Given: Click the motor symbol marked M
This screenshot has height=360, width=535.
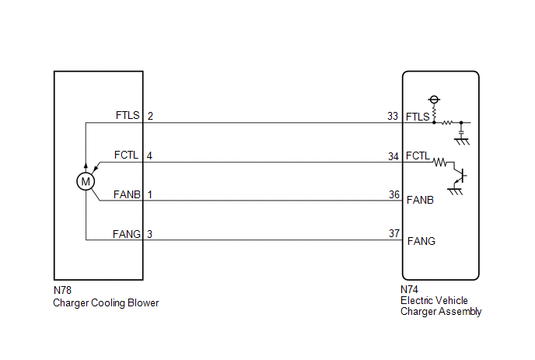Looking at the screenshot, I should coord(85,181).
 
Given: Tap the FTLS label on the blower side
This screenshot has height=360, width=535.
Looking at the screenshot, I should coord(127,116).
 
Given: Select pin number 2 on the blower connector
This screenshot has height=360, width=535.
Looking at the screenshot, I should coord(150,116).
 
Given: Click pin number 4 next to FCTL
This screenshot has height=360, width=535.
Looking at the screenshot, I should coord(150,156).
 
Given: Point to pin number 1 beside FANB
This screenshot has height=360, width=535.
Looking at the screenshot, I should coord(150,194).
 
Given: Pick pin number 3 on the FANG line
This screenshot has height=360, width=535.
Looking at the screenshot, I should coord(150,232).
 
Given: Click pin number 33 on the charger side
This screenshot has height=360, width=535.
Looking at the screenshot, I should coord(393,117).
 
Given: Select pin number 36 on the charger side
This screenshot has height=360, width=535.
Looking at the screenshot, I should coord(393,194).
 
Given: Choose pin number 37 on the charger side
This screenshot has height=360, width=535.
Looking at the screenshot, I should coord(393,233).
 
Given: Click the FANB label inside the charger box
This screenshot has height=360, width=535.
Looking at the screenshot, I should coord(421,201).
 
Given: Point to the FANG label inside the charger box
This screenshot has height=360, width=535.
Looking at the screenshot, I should coord(421,241).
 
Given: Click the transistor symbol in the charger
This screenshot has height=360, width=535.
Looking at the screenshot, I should coord(460,177).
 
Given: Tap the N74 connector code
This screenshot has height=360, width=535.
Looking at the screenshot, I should coord(410,289).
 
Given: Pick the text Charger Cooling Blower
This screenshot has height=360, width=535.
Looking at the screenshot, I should coord(106,302).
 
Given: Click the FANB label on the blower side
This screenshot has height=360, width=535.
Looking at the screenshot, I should coord(126,194).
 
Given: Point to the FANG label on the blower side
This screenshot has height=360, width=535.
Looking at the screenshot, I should coord(126,232).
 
